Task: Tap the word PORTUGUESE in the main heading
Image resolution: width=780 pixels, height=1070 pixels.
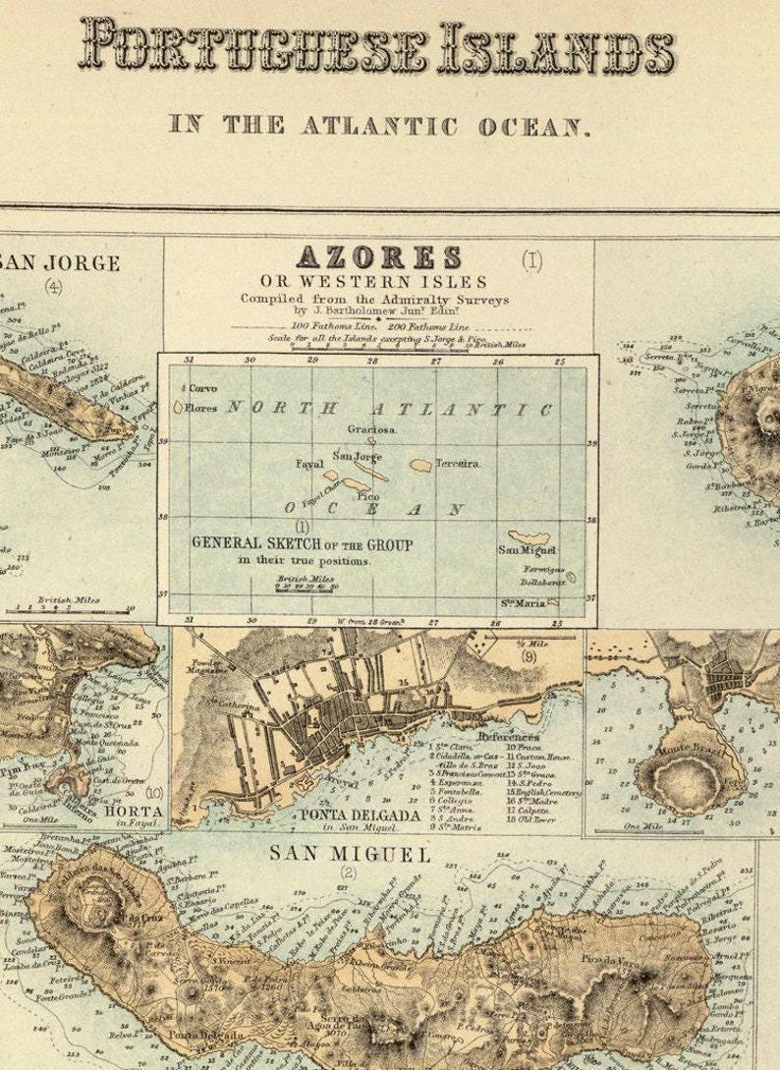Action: pyautogui.click(x=253, y=47)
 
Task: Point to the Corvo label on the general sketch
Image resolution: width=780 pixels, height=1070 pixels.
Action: pyautogui.click(x=202, y=388)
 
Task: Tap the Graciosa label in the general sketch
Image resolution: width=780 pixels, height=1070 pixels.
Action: pyautogui.click(x=372, y=429)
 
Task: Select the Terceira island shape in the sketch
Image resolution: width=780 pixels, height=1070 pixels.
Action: pyautogui.click(x=420, y=466)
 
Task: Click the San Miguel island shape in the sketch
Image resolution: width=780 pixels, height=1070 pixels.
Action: pyautogui.click(x=529, y=537)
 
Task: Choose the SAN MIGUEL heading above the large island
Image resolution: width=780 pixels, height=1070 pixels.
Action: pyautogui.click(x=350, y=855)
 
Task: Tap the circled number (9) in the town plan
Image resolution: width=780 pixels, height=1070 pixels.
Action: pyautogui.click(x=529, y=657)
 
